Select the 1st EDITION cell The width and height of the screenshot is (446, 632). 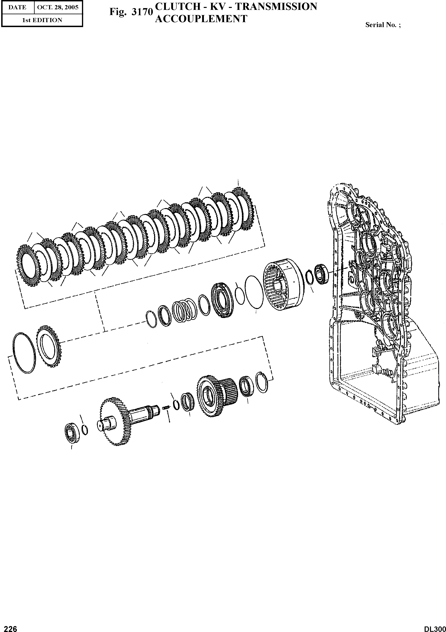pos(42,20)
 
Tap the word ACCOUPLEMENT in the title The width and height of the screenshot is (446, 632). pos(201,19)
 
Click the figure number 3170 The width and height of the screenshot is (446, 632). pos(142,12)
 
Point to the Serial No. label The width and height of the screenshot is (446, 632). pos(383,25)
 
